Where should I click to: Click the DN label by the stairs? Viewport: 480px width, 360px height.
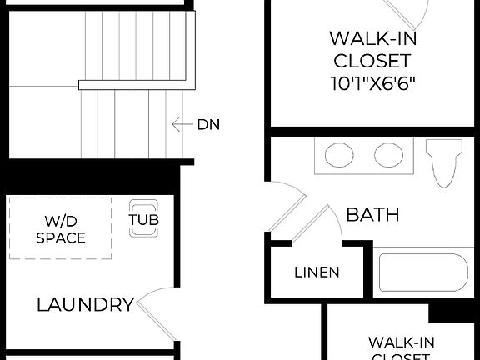click(208, 125)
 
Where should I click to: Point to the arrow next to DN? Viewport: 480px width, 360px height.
click(181, 125)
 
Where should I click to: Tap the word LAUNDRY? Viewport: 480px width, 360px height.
click(85, 304)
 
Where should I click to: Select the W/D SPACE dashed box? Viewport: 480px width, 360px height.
click(60, 228)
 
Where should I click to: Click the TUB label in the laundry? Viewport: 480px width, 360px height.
click(145, 221)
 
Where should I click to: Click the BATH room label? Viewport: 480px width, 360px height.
click(372, 214)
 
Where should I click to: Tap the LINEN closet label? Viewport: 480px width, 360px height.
click(317, 272)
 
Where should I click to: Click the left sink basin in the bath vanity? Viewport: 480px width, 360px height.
click(338, 155)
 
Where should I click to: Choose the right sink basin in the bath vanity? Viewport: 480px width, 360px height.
click(387, 155)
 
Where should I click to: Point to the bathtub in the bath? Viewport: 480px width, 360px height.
click(423, 273)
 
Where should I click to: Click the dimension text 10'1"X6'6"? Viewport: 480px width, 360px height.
click(372, 83)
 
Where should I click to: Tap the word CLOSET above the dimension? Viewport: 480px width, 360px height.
click(372, 61)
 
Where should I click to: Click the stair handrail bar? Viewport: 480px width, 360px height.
click(137, 84)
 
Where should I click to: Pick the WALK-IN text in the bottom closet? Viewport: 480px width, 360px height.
click(401, 342)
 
